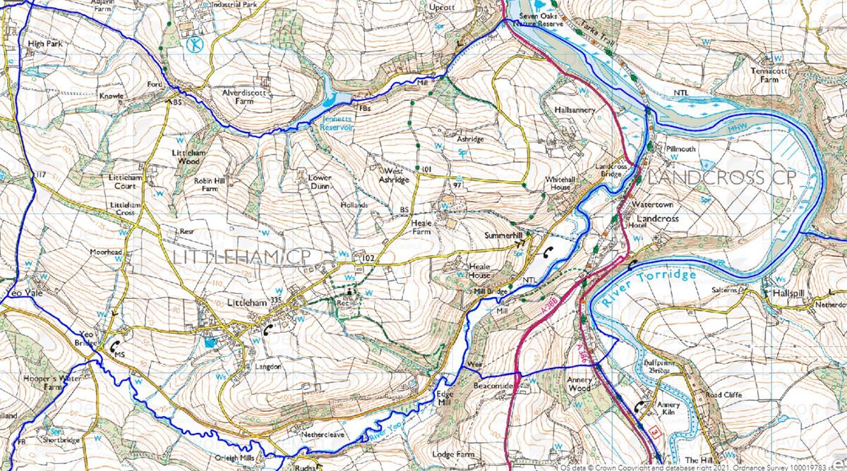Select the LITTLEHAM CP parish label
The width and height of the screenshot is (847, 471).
pos(226,255)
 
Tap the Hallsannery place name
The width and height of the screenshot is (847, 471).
pos(575,111)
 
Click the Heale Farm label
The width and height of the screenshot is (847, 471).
pos(421,226)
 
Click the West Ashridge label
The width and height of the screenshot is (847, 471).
pos(396,175)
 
